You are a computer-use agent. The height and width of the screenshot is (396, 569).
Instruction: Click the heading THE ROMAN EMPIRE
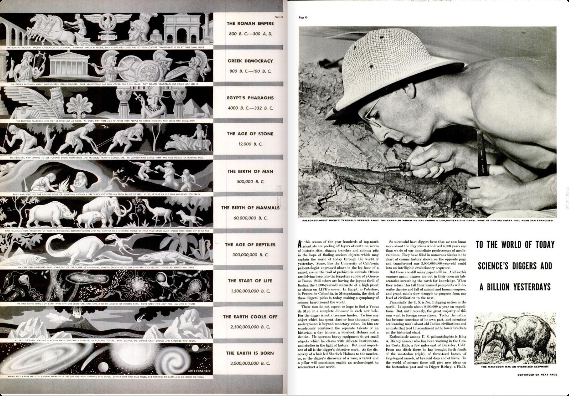[x=250, y=24]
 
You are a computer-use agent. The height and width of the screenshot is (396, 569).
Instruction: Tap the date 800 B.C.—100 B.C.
[x=250, y=71]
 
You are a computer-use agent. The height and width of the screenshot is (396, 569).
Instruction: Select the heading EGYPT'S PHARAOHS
[x=250, y=98]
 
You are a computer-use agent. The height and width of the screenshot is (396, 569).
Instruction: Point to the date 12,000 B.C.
[x=250, y=144]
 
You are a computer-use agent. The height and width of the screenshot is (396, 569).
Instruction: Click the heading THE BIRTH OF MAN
[x=250, y=171]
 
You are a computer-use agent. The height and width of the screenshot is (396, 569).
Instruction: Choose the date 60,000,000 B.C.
[x=250, y=218]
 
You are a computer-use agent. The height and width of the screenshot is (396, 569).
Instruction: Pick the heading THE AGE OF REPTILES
[x=250, y=245]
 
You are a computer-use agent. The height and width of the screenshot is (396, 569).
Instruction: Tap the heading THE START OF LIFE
[x=250, y=281]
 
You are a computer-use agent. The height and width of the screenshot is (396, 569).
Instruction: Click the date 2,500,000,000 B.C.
[x=250, y=327]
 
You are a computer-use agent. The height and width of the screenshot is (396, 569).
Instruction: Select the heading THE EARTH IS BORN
[x=250, y=353]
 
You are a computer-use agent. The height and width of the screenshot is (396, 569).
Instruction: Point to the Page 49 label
[x=303, y=17]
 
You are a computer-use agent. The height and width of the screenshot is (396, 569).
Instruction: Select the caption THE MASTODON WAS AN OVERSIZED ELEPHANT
[x=515, y=367]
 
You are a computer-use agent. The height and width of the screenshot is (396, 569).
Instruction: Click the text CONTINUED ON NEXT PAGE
[x=537, y=375]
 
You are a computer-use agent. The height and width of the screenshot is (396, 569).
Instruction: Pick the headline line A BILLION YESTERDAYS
[x=515, y=287]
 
